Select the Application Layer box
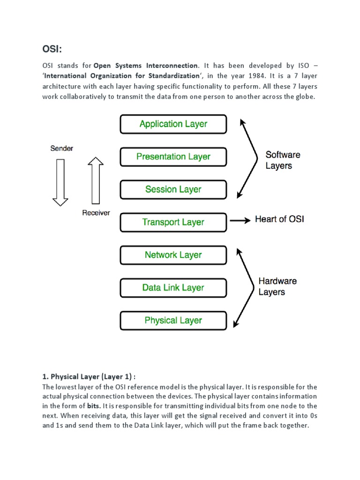(173, 124)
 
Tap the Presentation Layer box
(173, 157)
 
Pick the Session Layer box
(173, 190)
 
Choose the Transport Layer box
(173, 222)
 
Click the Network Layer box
(173, 255)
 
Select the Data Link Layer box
(173, 288)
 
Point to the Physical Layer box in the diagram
(173, 321)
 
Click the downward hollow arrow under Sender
(60, 182)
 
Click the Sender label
(61, 149)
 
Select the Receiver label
(96, 213)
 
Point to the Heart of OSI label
(279, 219)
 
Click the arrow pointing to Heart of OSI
(240, 220)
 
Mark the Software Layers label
(283, 160)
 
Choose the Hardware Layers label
(277, 286)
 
